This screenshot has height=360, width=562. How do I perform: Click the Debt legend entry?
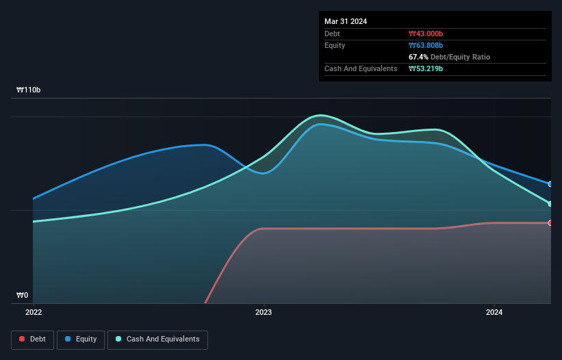point(32,339)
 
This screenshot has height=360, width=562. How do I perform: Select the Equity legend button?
point(81,339)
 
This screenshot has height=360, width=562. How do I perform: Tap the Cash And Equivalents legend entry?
point(157,339)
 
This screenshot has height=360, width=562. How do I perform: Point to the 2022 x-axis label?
point(34,313)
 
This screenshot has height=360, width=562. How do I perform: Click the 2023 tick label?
point(264,313)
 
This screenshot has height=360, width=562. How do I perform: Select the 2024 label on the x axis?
point(494,313)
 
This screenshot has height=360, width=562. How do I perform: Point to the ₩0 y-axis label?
point(22,296)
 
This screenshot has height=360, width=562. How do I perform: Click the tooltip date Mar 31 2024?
point(346,21)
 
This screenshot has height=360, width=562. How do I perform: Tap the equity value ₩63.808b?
point(426,45)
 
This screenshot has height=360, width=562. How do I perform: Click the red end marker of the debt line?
point(550,223)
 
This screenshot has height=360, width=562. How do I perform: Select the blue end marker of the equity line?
point(550,184)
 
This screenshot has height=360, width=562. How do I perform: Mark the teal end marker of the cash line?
point(550,204)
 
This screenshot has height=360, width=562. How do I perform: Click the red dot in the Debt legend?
point(23,339)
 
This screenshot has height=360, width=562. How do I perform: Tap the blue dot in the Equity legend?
point(69,339)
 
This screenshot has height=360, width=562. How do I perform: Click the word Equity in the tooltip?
point(335,45)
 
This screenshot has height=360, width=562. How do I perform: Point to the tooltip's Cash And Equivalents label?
point(361,68)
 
